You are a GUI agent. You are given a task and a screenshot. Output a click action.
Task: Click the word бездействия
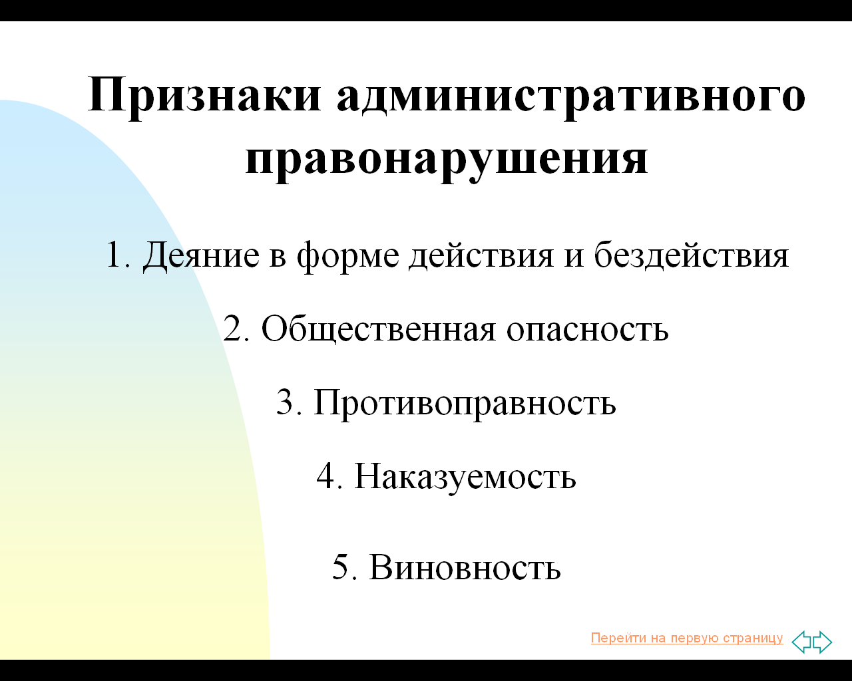[692, 255]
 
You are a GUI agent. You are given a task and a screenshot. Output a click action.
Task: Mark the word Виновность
[465, 567]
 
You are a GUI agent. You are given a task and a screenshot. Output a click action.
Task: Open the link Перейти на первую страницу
[687, 638]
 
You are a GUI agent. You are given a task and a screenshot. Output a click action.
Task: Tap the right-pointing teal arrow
[823, 642]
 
